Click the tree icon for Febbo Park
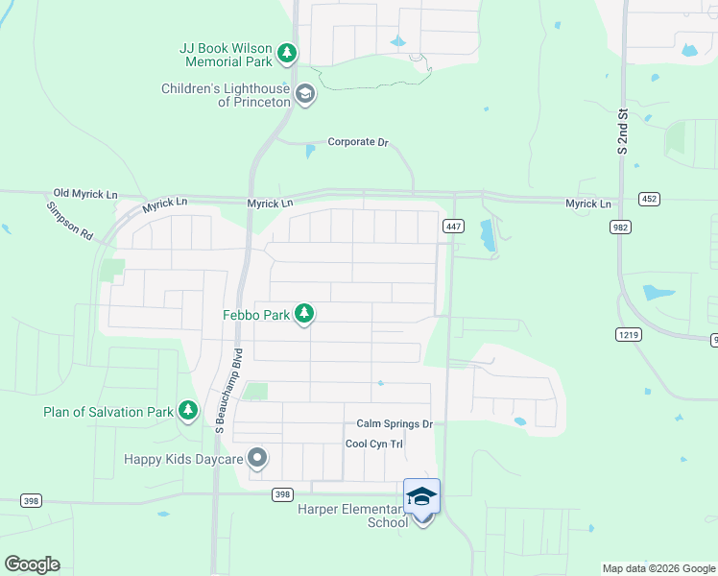coord(304,313)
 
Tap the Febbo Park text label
coord(257,314)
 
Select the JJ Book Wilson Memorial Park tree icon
coord(287,54)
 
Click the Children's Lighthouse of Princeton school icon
coord(305,94)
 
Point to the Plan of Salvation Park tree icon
coord(189,412)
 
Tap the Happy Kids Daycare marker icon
coord(256,459)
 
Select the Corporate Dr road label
coord(357,142)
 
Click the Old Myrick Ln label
coord(85,194)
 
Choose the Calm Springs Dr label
coord(395,423)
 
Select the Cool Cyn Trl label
coord(374,444)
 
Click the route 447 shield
coord(454,226)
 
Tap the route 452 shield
coord(649,199)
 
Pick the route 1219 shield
coord(628,333)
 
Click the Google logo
coord(32,564)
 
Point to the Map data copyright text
coord(658,568)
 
